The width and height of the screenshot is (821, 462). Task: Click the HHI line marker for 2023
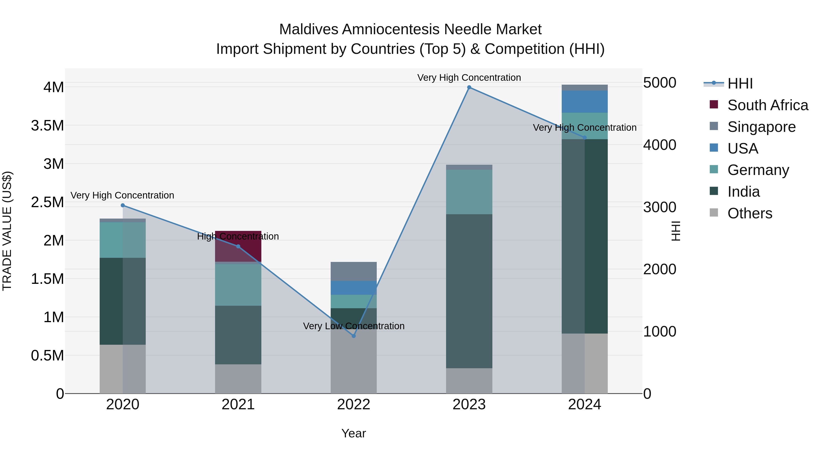coord(469,87)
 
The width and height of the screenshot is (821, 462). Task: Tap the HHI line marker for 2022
coord(353,336)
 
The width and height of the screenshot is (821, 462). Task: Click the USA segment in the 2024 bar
coord(585,101)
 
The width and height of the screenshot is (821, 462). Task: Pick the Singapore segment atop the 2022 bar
coord(353,271)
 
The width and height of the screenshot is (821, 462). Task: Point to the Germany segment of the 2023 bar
coord(469,192)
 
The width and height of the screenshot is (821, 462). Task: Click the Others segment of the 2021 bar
coord(238,378)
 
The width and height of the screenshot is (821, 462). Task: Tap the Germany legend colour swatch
coord(714,169)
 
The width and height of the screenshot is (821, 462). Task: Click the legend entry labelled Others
coord(750,213)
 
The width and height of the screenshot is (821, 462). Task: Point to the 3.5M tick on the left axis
coord(47,126)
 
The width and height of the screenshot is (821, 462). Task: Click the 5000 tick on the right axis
coord(659,83)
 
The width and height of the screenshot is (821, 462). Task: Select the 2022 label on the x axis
coord(353,405)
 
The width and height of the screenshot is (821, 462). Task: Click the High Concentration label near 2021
coord(238,236)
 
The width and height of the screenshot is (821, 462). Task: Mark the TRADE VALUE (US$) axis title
coord(7,231)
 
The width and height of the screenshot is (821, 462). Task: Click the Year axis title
coord(353,433)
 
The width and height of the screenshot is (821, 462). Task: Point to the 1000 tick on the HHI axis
coord(659,331)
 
